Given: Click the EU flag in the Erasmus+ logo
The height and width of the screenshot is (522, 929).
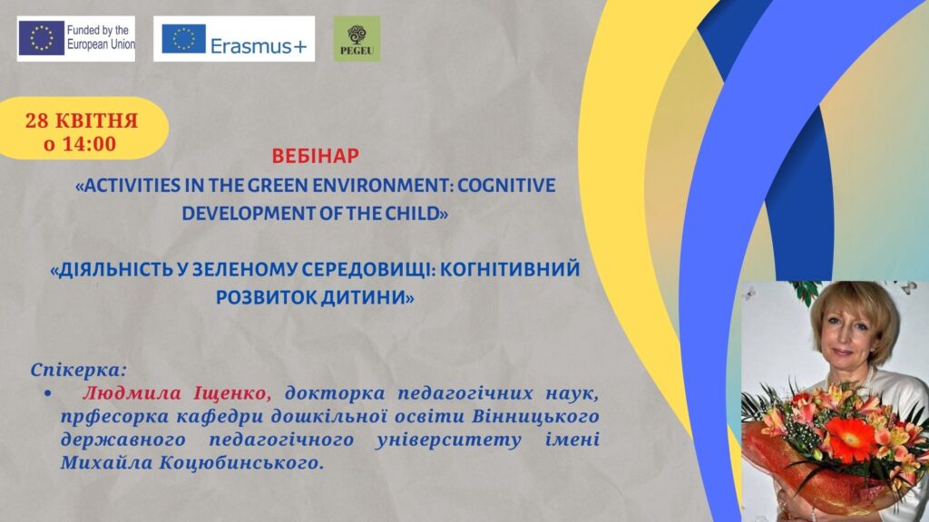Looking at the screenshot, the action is pos(183,39).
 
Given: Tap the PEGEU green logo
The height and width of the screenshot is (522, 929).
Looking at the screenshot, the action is pos(357,39).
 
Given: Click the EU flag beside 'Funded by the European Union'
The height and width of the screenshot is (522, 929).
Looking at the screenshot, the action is pos(42,38).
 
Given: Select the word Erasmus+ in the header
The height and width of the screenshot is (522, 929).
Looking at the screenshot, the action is pos(259,46).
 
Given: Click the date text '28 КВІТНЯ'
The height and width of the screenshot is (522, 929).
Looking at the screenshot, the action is pos(81,121).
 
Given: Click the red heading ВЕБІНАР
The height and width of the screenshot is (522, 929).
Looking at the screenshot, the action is pos(315,156).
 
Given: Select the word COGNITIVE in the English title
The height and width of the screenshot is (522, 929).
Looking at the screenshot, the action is pos(506,185).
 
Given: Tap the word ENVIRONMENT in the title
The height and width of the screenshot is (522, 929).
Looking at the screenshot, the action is pos(384,185).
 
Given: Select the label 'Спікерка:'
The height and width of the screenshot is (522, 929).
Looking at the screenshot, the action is pos(79,371).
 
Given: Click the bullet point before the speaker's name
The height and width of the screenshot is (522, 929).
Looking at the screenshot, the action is pos(48,393).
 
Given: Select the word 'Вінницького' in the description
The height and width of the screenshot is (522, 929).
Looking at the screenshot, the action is pos(535,416).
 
